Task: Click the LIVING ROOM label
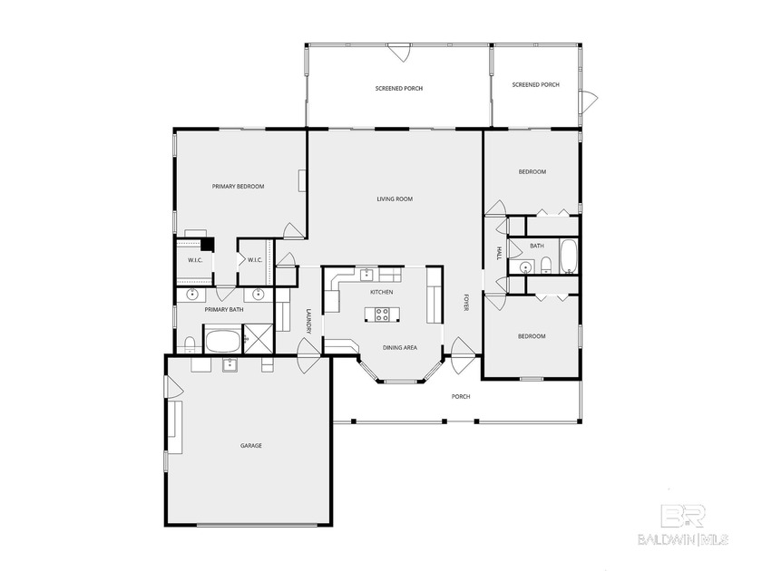(395, 198)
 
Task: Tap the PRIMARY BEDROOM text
(238, 187)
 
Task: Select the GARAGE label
(251, 445)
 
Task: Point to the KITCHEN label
(381, 292)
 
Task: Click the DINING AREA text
(399, 347)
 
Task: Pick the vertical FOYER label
(466, 304)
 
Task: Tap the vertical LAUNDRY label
(308, 322)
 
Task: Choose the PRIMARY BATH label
(223, 310)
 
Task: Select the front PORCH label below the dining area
(461, 396)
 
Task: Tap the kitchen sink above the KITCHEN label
(366, 275)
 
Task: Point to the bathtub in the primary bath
(222, 342)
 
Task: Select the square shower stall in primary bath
(258, 341)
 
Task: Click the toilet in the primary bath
(190, 344)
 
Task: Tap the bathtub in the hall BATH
(569, 256)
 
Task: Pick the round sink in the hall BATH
(524, 266)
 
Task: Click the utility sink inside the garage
(230, 364)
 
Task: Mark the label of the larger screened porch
(399, 88)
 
